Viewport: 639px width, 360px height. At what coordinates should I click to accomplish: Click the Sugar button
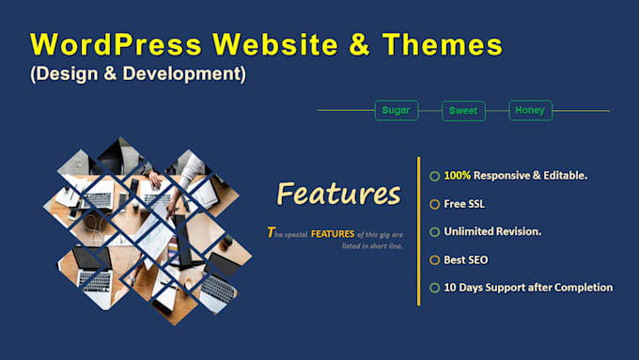(x=396, y=110)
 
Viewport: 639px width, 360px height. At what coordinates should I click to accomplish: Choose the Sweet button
(x=463, y=111)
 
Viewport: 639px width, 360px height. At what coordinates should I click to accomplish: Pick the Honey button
(x=529, y=110)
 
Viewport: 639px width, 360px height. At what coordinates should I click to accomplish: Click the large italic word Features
(x=338, y=194)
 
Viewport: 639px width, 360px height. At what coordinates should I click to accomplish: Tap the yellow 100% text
(x=458, y=176)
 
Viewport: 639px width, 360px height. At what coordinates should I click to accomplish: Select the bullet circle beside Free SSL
(x=434, y=204)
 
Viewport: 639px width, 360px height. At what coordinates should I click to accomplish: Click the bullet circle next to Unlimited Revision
(x=434, y=232)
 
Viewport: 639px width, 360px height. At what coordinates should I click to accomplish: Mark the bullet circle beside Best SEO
(x=434, y=259)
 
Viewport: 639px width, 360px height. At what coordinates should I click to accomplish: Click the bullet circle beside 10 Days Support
(x=434, y=288)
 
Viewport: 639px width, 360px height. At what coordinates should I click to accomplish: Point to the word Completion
(x=581, y=288)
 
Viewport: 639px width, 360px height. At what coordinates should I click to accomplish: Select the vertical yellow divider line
(x=418, y=230)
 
